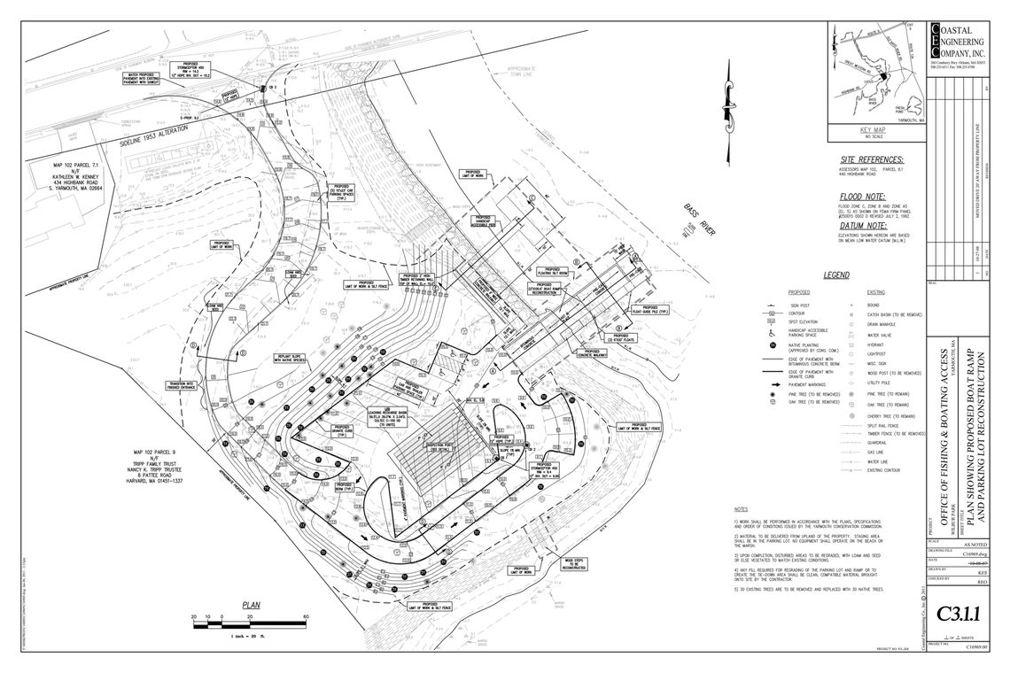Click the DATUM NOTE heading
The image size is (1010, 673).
coord(865,225)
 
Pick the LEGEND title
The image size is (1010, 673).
coord(836,275)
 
